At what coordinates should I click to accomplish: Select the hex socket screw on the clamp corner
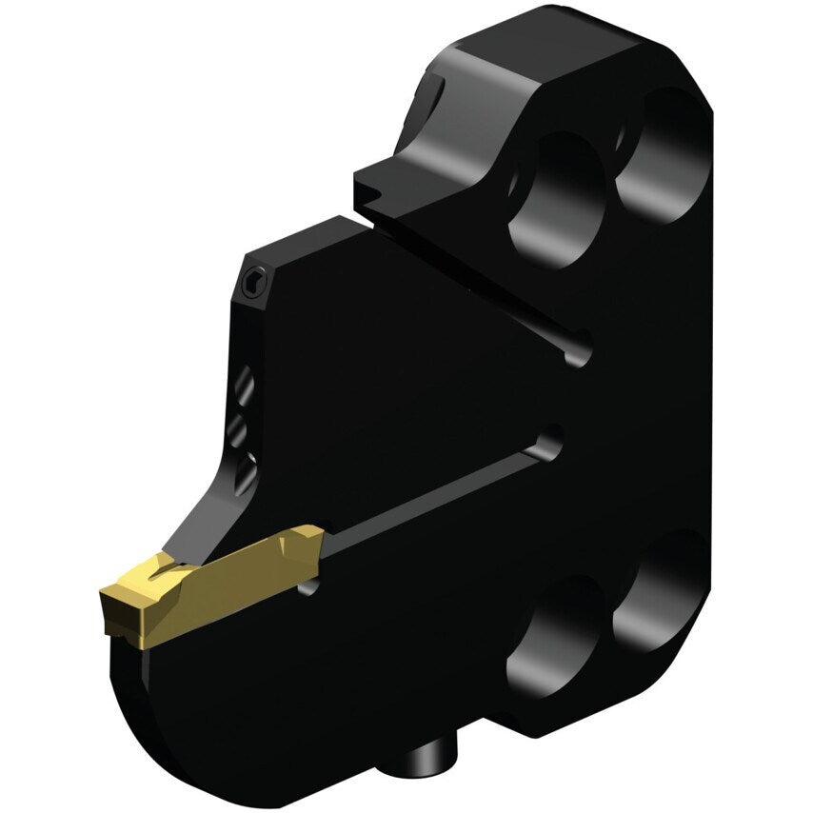[x=251, y=282]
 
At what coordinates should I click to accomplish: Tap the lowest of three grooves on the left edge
[x=245, y=470]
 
